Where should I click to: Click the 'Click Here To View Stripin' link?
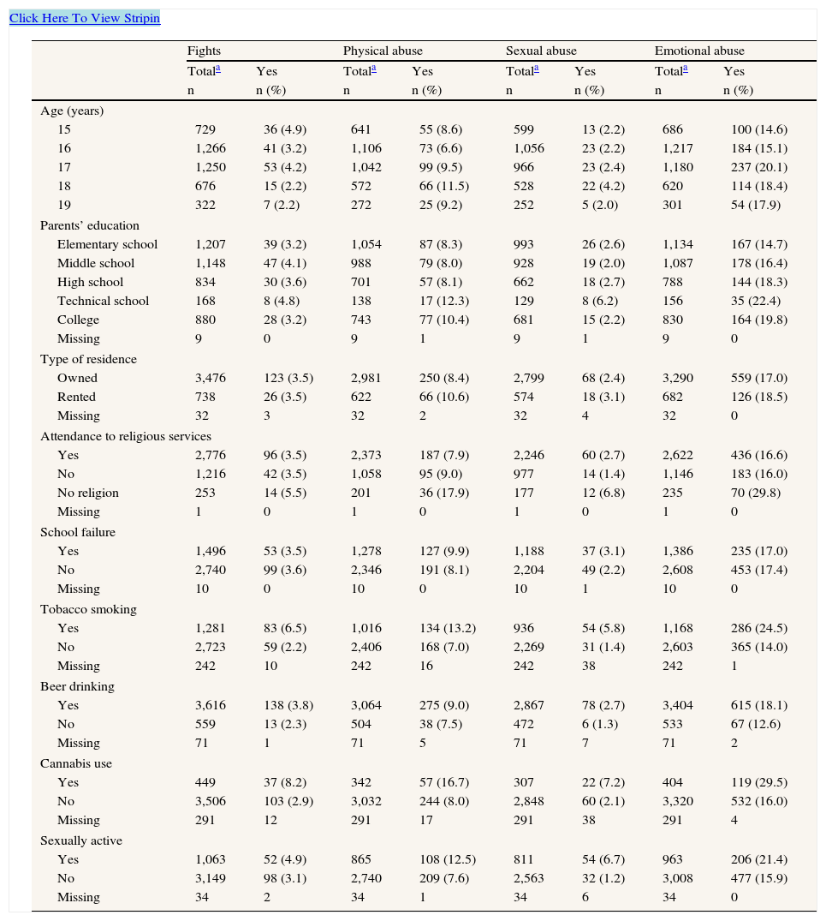click(85, 18)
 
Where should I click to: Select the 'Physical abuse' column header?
click(383, 51)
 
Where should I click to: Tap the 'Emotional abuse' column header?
click(699, 51)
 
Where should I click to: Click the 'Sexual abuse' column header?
click(541, 51)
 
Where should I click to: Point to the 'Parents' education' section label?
click(90, 225)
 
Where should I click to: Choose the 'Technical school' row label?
click(103, 301)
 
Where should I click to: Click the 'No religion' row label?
click(88, 493)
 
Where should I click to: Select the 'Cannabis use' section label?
click(76, 763)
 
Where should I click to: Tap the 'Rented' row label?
click(76, 397)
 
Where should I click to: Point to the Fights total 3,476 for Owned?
click(211, 378)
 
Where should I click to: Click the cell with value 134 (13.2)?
click(442, 628)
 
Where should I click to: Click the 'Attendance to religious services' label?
click(126, 436)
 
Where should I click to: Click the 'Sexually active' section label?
click(81, 840)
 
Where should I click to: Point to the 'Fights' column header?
click(204, 51)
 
